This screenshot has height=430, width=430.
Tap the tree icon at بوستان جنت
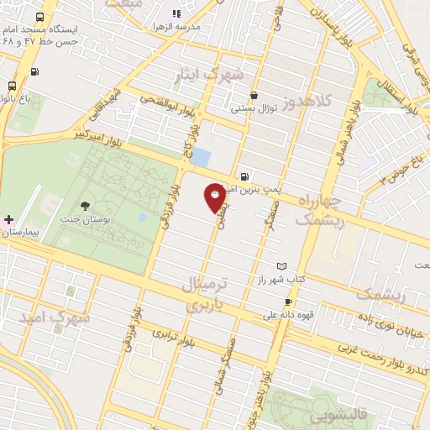[x=85, y=206]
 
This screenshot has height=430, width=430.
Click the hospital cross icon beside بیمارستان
[x=8, y=219]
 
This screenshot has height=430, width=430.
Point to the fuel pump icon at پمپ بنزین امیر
[x=244, y=177]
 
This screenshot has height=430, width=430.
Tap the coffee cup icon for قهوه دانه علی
[x=288, y=302]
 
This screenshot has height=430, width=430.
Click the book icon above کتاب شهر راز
[x=281, y=265]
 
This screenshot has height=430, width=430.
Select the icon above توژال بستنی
[x=254, y=96]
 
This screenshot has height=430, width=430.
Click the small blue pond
[x=202, y=157]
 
